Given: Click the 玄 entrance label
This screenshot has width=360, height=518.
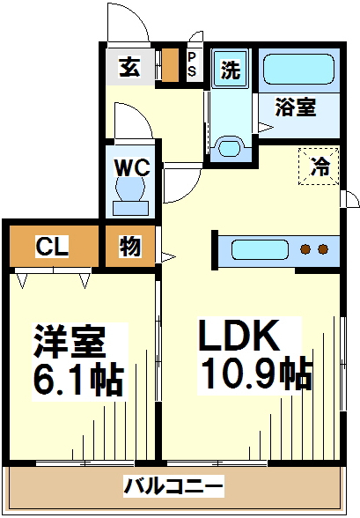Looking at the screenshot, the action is coord(129,67).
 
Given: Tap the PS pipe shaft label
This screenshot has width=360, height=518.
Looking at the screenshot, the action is coord(192,64).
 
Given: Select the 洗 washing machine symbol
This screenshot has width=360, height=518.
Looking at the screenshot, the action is coord(230,69).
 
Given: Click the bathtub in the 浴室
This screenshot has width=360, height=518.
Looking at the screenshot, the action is coord(298,70).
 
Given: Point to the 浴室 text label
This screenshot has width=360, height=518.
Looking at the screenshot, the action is coord(296,107).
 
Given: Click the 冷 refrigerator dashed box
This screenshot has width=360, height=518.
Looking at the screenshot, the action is coord(319,166).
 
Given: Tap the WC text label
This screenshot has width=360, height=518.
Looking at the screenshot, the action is coord(132,167).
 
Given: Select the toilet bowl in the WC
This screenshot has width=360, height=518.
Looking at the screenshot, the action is coord(130,189).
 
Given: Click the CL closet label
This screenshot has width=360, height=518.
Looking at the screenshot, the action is coord(52,246).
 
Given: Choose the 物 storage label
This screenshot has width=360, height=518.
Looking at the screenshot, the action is coord(130,246).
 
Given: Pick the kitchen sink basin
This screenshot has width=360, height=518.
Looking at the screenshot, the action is coord(260,250).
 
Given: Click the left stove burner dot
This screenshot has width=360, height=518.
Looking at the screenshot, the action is coord(305,249).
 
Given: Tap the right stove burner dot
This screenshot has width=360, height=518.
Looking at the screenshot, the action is coord(323,249).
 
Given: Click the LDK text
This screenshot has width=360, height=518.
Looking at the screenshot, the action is coord(237,336).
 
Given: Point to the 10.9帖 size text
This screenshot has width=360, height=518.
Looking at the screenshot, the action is coord(256,374).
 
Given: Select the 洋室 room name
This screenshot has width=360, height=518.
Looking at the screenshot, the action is coord(69,342).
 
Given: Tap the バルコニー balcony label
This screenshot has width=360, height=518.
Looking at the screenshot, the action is coord(173,486).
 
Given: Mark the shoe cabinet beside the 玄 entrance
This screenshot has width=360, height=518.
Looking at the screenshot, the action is coord(170,65).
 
